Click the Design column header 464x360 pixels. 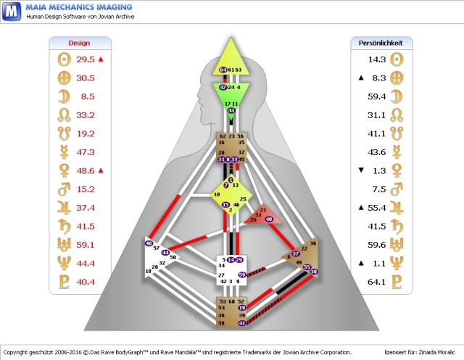(x=79, y=43)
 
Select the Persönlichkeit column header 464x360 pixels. (x=381, y=43)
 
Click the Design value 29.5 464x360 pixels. (x=86, y=59)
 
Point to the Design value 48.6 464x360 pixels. (x=86, y=170)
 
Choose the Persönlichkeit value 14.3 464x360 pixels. (x=376, y=59)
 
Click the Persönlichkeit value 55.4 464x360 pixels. (x=376, y=207)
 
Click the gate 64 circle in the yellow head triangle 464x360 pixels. (x=223, y=70)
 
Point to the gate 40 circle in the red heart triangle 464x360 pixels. (x=269, y=219)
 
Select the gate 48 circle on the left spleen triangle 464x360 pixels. (x=149, y=244)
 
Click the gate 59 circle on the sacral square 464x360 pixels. (x=242, y=275)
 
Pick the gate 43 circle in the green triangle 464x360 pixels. (x=231, y=111)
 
